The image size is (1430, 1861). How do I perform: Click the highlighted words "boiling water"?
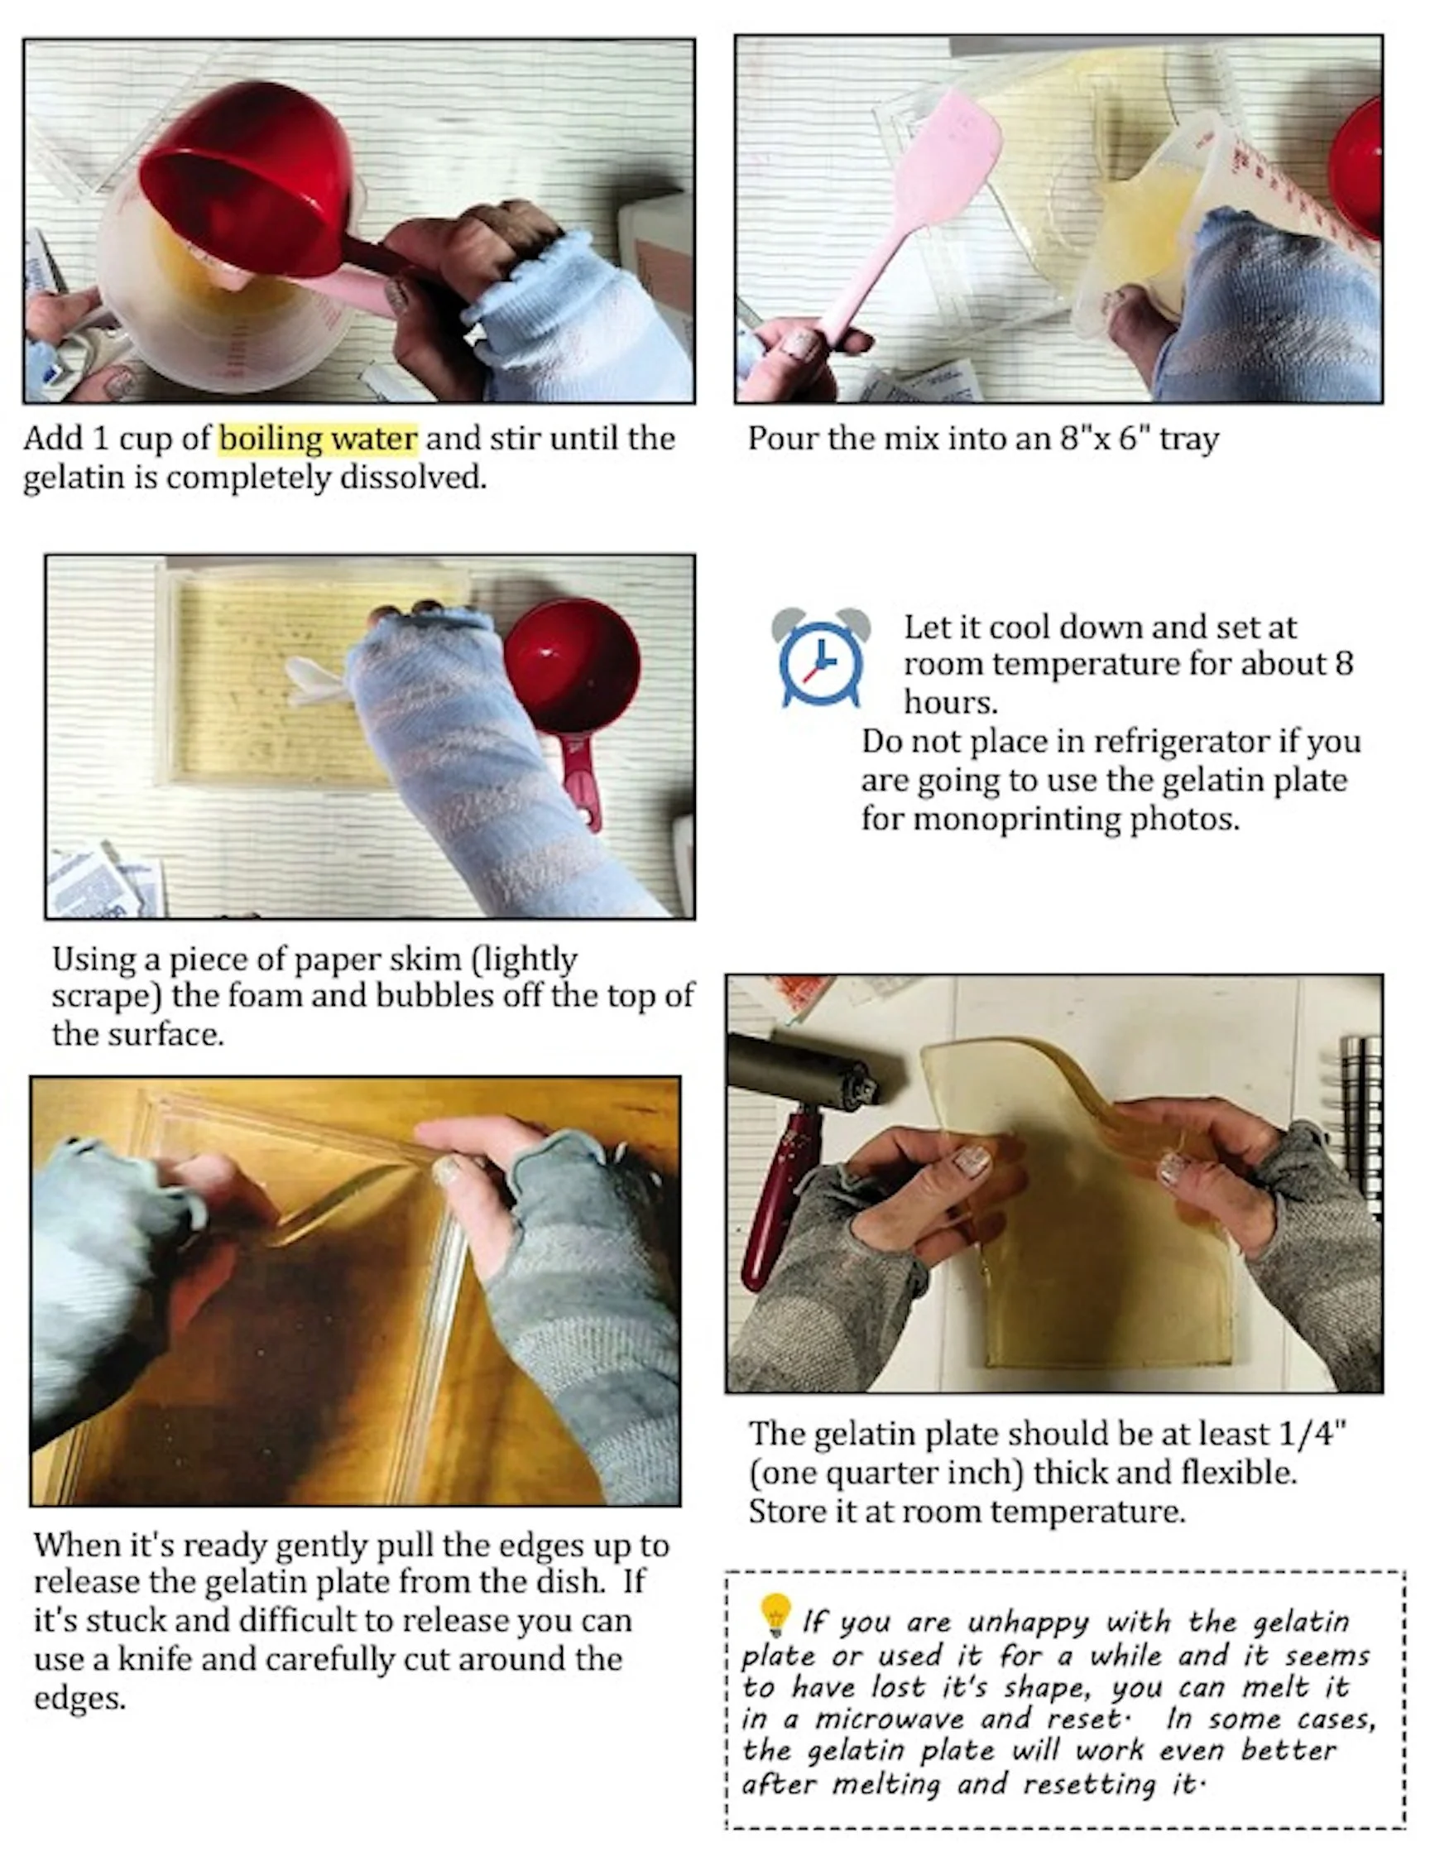319,440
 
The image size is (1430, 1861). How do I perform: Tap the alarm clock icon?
821,657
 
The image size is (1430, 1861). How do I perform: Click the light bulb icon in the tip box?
775,1614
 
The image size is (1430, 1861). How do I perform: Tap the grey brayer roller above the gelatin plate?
804,1070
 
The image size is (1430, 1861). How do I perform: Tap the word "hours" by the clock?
951,702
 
